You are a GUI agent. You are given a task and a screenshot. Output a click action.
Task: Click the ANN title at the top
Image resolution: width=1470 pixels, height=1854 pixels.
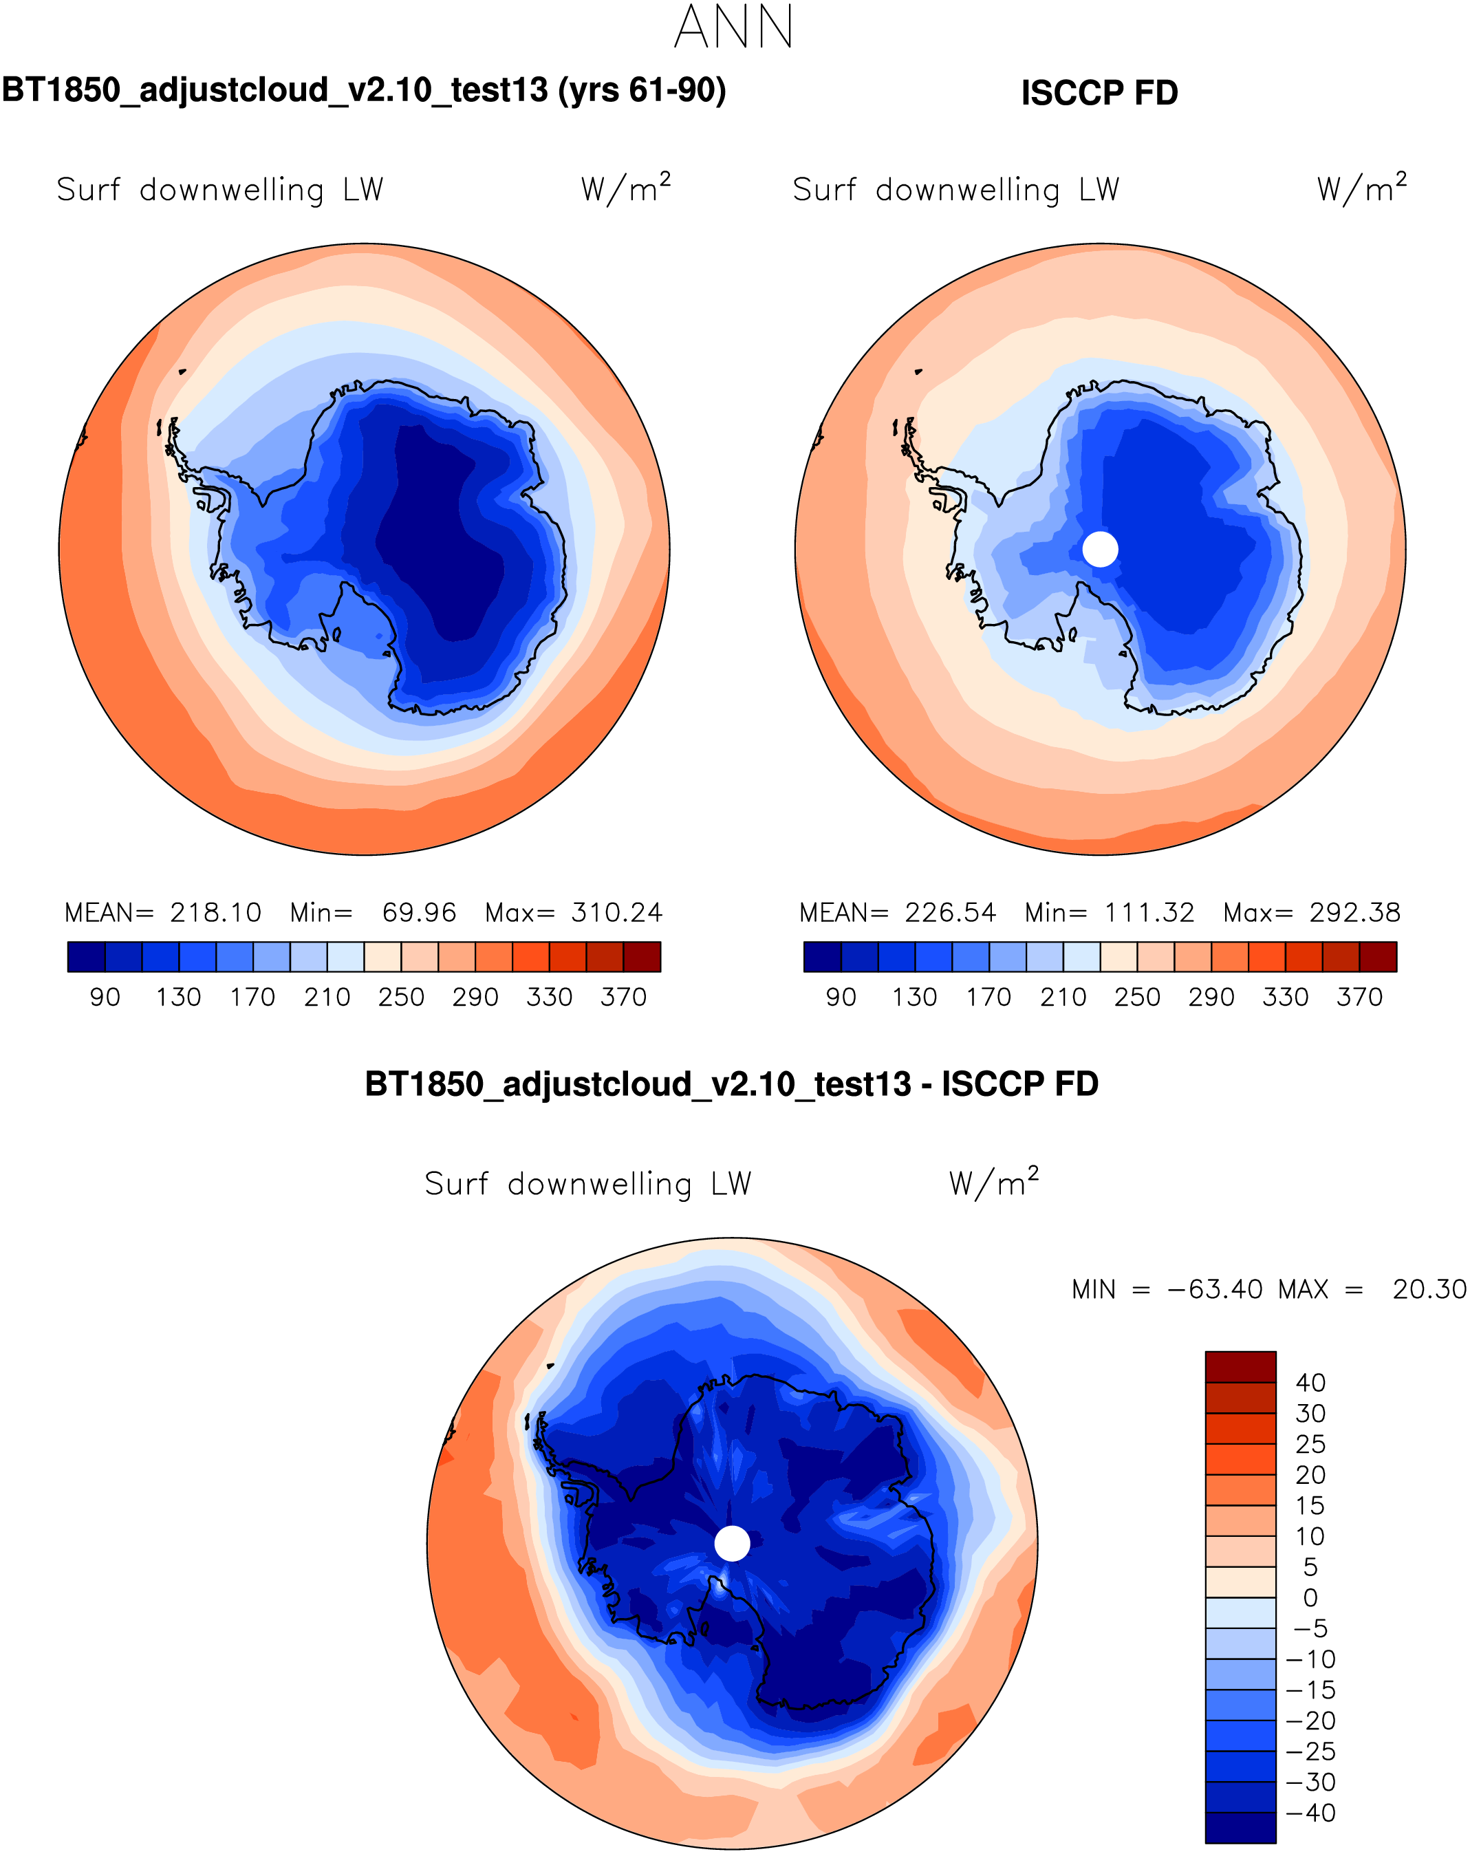(x=733, y=28)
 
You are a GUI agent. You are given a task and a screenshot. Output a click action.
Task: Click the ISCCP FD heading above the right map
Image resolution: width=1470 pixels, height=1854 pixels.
(x=1099, y=93)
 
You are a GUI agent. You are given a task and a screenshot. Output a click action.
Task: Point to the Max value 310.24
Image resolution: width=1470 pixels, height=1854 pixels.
(x=616, y=912)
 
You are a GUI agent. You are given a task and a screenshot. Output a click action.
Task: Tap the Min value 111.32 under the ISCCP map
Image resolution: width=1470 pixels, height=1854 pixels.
(x=1149, y=912)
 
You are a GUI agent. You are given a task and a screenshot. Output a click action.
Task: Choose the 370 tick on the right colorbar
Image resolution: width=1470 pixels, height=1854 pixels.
(x=1359, y=998)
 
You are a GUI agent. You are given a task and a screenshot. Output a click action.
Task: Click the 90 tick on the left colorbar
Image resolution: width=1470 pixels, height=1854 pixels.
(x=105, y=998)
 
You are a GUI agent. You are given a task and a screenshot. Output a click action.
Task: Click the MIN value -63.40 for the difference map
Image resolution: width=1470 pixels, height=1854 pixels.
(x=1215, y=1290)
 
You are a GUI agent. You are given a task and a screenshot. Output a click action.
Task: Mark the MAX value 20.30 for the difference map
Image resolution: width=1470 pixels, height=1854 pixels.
(x=1429, y=1290)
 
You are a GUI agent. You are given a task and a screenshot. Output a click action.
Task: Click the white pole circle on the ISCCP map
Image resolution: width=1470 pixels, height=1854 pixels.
(x=1099, y=549)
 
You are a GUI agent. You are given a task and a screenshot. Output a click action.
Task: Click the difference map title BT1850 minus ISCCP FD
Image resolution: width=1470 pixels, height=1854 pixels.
(x=732, y=1084)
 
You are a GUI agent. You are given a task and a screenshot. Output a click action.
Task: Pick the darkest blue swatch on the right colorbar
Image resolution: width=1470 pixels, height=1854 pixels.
(x=822, y=957)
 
